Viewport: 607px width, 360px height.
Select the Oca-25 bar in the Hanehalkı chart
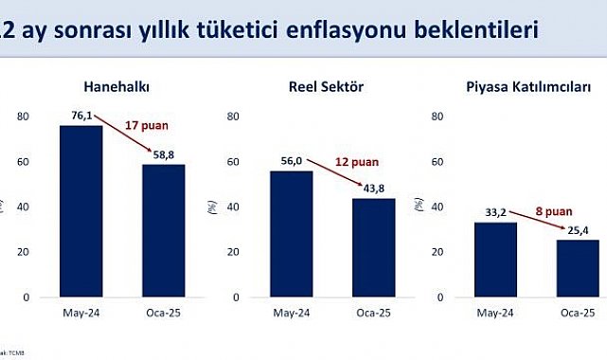(163, 230)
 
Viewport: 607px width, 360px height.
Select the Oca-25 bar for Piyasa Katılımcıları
(577, 268)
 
